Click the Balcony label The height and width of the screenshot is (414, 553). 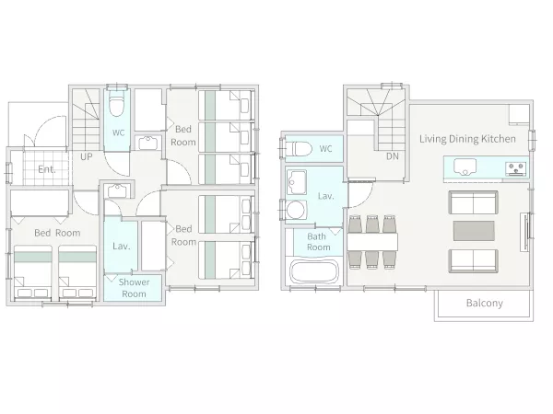[x=484, y=303]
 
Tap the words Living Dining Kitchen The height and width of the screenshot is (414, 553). [x=467, y=139]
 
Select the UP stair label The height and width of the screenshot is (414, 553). [x=87, y=156]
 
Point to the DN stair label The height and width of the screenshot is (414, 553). [x=393, y=156]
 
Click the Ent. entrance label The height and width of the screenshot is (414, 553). [x=47, y=169]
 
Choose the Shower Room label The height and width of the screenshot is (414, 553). [x=134, y=288]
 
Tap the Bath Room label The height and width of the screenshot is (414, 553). [x=319, y=242]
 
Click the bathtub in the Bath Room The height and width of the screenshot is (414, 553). [x=314, y=271]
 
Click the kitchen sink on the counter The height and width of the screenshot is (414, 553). [x=465, y=167]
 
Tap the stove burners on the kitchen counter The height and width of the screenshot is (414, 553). [x=516, y=168]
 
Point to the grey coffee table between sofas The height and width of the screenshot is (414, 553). [x=474, y=231]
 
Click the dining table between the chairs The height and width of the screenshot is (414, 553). [x=372, y=242]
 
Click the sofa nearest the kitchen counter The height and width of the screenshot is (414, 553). [x=474, y=202]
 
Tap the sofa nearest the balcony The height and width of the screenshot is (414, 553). [x=474, y=261]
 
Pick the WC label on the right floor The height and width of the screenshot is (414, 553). [x=325, y=149]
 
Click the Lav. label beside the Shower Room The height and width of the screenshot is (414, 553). [x=122, y=246]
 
